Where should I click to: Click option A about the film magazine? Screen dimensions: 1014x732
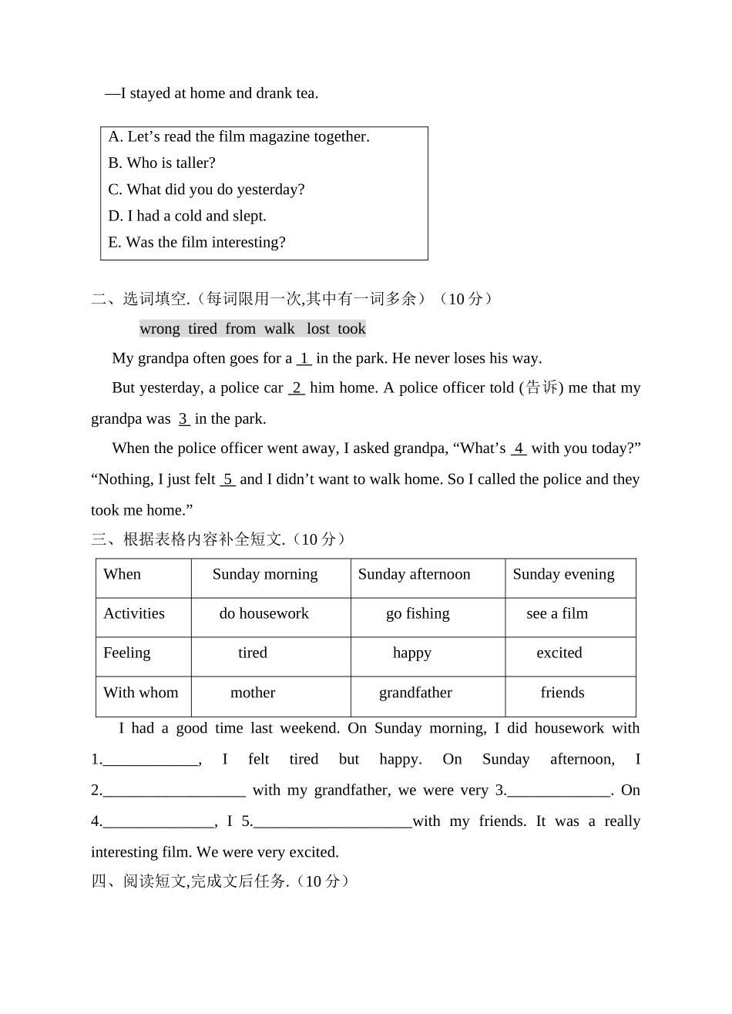239,137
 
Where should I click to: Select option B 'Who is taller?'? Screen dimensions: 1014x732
162,163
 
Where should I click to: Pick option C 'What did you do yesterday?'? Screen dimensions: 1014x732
207,190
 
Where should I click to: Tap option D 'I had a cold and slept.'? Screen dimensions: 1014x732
187,217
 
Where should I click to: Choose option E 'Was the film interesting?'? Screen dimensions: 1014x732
196,243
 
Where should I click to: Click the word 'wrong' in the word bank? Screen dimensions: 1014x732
159,329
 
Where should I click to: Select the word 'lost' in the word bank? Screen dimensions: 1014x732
317,329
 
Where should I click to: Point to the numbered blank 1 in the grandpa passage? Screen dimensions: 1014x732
304,358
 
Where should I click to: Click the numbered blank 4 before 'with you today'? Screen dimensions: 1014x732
519,448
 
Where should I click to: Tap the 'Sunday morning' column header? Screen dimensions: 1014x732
265,575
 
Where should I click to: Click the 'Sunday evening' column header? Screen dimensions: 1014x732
563,575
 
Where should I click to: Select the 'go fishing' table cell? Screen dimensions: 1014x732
418,614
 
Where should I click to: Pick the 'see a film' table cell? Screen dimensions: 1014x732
557,614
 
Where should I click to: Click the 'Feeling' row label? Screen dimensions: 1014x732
127,653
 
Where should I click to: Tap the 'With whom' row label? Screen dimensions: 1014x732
141,693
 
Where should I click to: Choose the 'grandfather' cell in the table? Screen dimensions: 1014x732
415,693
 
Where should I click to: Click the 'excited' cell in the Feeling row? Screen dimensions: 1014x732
559,653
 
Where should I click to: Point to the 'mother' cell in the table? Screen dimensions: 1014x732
253,693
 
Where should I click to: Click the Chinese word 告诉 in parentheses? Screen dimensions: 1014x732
542,388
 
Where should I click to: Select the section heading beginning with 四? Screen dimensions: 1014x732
220,881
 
